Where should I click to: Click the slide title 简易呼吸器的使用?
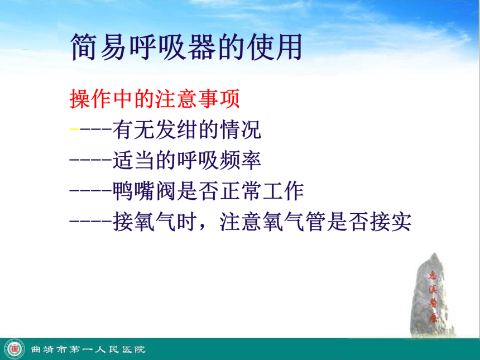pos(186,47)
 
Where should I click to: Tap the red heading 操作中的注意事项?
pos(155,99)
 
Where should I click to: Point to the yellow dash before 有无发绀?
pos(74,129)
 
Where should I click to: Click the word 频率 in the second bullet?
pos(241,160)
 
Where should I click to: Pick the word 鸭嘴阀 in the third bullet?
pos(144,191)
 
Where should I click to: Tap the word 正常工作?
pos(262,191)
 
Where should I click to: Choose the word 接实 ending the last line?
pos(390,222)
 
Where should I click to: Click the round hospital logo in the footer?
pos(14,349)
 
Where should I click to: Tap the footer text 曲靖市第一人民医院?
pos(88,349)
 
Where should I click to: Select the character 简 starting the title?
pos(84,47)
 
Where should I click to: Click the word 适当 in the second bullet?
pos(133,160)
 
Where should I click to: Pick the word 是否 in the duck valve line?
pos(198,191)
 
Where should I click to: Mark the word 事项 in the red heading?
pos(219,99)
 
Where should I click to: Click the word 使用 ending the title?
pos(275,47)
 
